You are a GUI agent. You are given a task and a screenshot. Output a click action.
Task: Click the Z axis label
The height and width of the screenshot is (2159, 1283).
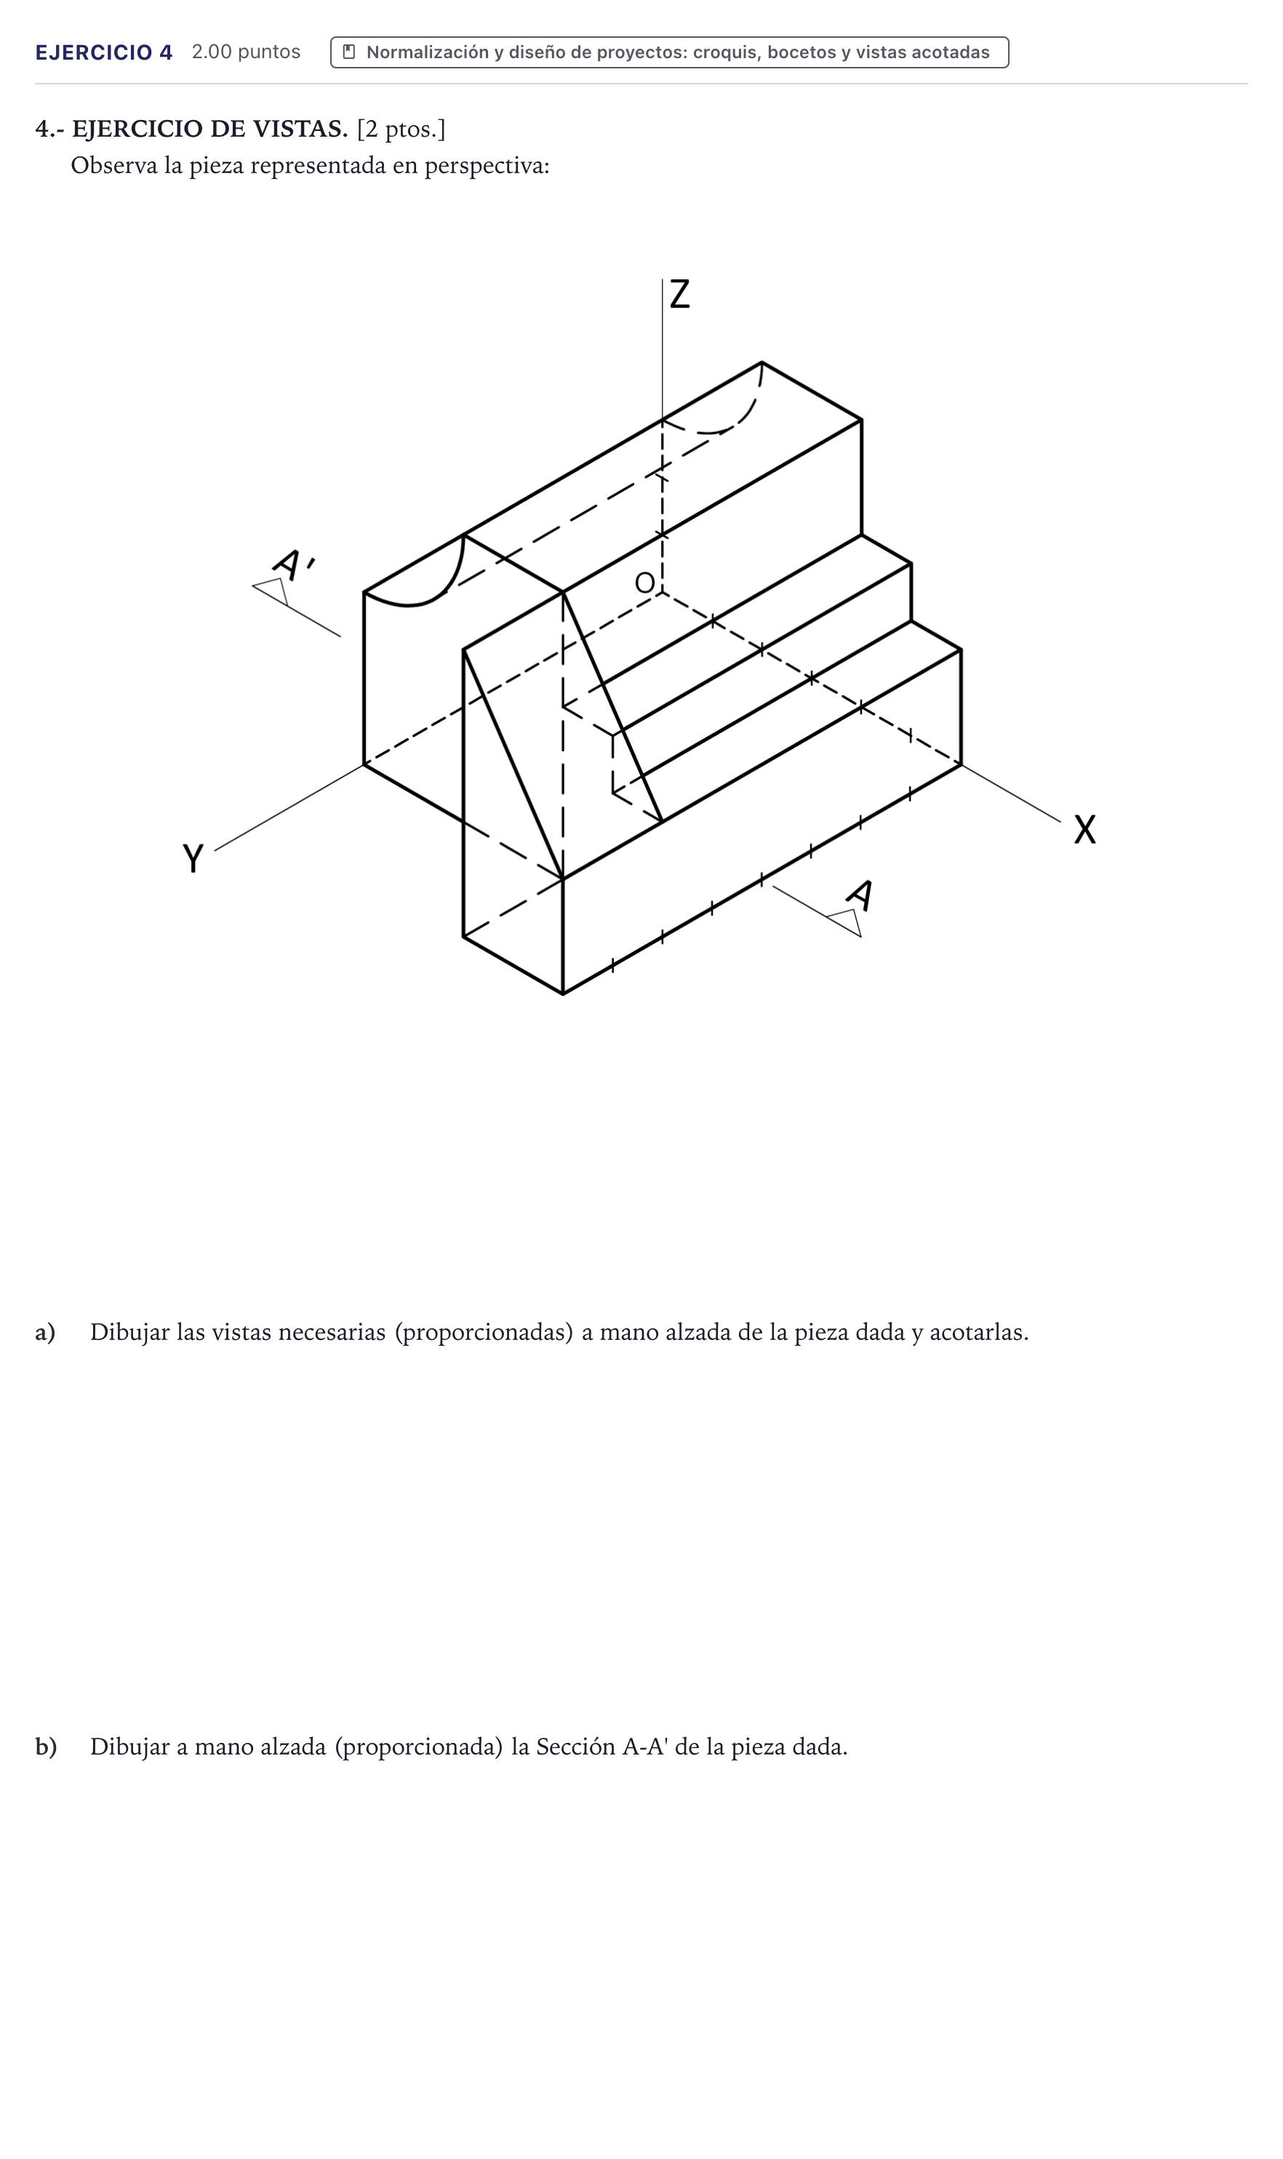[679, 294]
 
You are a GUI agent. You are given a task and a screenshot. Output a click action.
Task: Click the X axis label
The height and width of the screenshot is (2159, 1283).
[1085, 829]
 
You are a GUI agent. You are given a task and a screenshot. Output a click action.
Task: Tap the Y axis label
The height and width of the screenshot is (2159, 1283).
[193, 858]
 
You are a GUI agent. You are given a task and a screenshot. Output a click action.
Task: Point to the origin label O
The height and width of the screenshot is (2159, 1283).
[645, 583]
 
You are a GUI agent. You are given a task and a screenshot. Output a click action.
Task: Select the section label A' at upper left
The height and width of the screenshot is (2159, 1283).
[294, 563]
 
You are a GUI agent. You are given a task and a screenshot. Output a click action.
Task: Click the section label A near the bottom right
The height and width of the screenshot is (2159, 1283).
[860, 895]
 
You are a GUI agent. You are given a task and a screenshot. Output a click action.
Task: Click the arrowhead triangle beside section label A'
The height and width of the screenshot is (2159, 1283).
[271, 591]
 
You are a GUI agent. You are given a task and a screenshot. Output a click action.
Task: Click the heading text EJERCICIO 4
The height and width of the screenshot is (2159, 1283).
[104, 53]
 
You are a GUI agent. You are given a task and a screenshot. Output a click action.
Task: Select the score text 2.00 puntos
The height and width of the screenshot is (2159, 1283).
[247, 52]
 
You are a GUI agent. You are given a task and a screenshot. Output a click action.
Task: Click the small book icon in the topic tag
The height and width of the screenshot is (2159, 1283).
[349, 52]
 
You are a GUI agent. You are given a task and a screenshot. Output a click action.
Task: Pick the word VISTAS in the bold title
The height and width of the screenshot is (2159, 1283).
[297, 129]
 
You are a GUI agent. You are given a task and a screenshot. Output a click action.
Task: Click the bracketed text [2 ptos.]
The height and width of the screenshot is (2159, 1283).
[401, 129]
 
